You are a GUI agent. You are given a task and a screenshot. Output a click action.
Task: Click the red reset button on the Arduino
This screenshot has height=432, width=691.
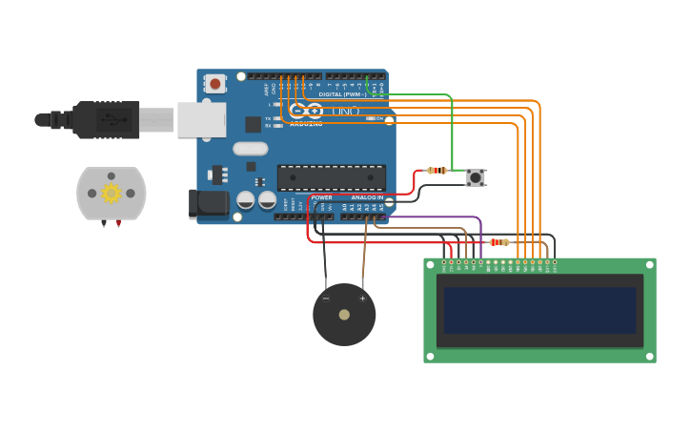tap(214, 84)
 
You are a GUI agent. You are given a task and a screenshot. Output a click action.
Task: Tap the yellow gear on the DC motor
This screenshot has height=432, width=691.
tap(112, 194)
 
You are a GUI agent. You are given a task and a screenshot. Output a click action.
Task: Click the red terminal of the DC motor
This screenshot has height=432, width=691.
tap(119, 224)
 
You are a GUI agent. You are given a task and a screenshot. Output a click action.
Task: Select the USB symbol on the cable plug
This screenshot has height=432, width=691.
tap(114, 120)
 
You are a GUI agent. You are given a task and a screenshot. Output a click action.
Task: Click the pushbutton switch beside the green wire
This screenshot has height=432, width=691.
tap(476, 177)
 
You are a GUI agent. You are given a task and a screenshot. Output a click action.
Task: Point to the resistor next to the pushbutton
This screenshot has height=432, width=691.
tap(437, 171)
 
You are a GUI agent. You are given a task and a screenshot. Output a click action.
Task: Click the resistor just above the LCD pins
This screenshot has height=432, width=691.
tap(498, 242)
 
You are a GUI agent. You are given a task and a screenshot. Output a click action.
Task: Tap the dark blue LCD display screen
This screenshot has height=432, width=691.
tap(539, 311)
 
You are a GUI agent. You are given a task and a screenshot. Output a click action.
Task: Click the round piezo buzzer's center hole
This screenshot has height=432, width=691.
tap(344, 315)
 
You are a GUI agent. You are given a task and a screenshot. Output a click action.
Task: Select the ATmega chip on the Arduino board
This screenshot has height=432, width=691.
tap(332, 177)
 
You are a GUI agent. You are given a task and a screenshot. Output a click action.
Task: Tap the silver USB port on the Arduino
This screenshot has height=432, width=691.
tap(201, 120)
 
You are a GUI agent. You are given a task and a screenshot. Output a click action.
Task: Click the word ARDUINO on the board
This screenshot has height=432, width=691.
tap(306, 124)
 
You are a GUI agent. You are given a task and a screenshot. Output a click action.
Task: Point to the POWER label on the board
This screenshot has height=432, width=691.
tap(321, 197)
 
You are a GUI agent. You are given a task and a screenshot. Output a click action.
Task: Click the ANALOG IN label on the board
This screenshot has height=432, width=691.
tap(367, 197)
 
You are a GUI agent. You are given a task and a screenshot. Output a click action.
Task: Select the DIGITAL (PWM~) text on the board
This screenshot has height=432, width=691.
tap(342, 94)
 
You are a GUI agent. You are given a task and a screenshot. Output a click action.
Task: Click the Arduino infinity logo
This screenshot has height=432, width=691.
tap(306, 111)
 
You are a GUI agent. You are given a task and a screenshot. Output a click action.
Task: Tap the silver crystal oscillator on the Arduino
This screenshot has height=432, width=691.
tap(250, 148)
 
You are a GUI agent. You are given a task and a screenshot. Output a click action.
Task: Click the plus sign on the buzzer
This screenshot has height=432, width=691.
tap(362, 298)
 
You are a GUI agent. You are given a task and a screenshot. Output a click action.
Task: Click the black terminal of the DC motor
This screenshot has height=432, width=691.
tap(103, 224)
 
